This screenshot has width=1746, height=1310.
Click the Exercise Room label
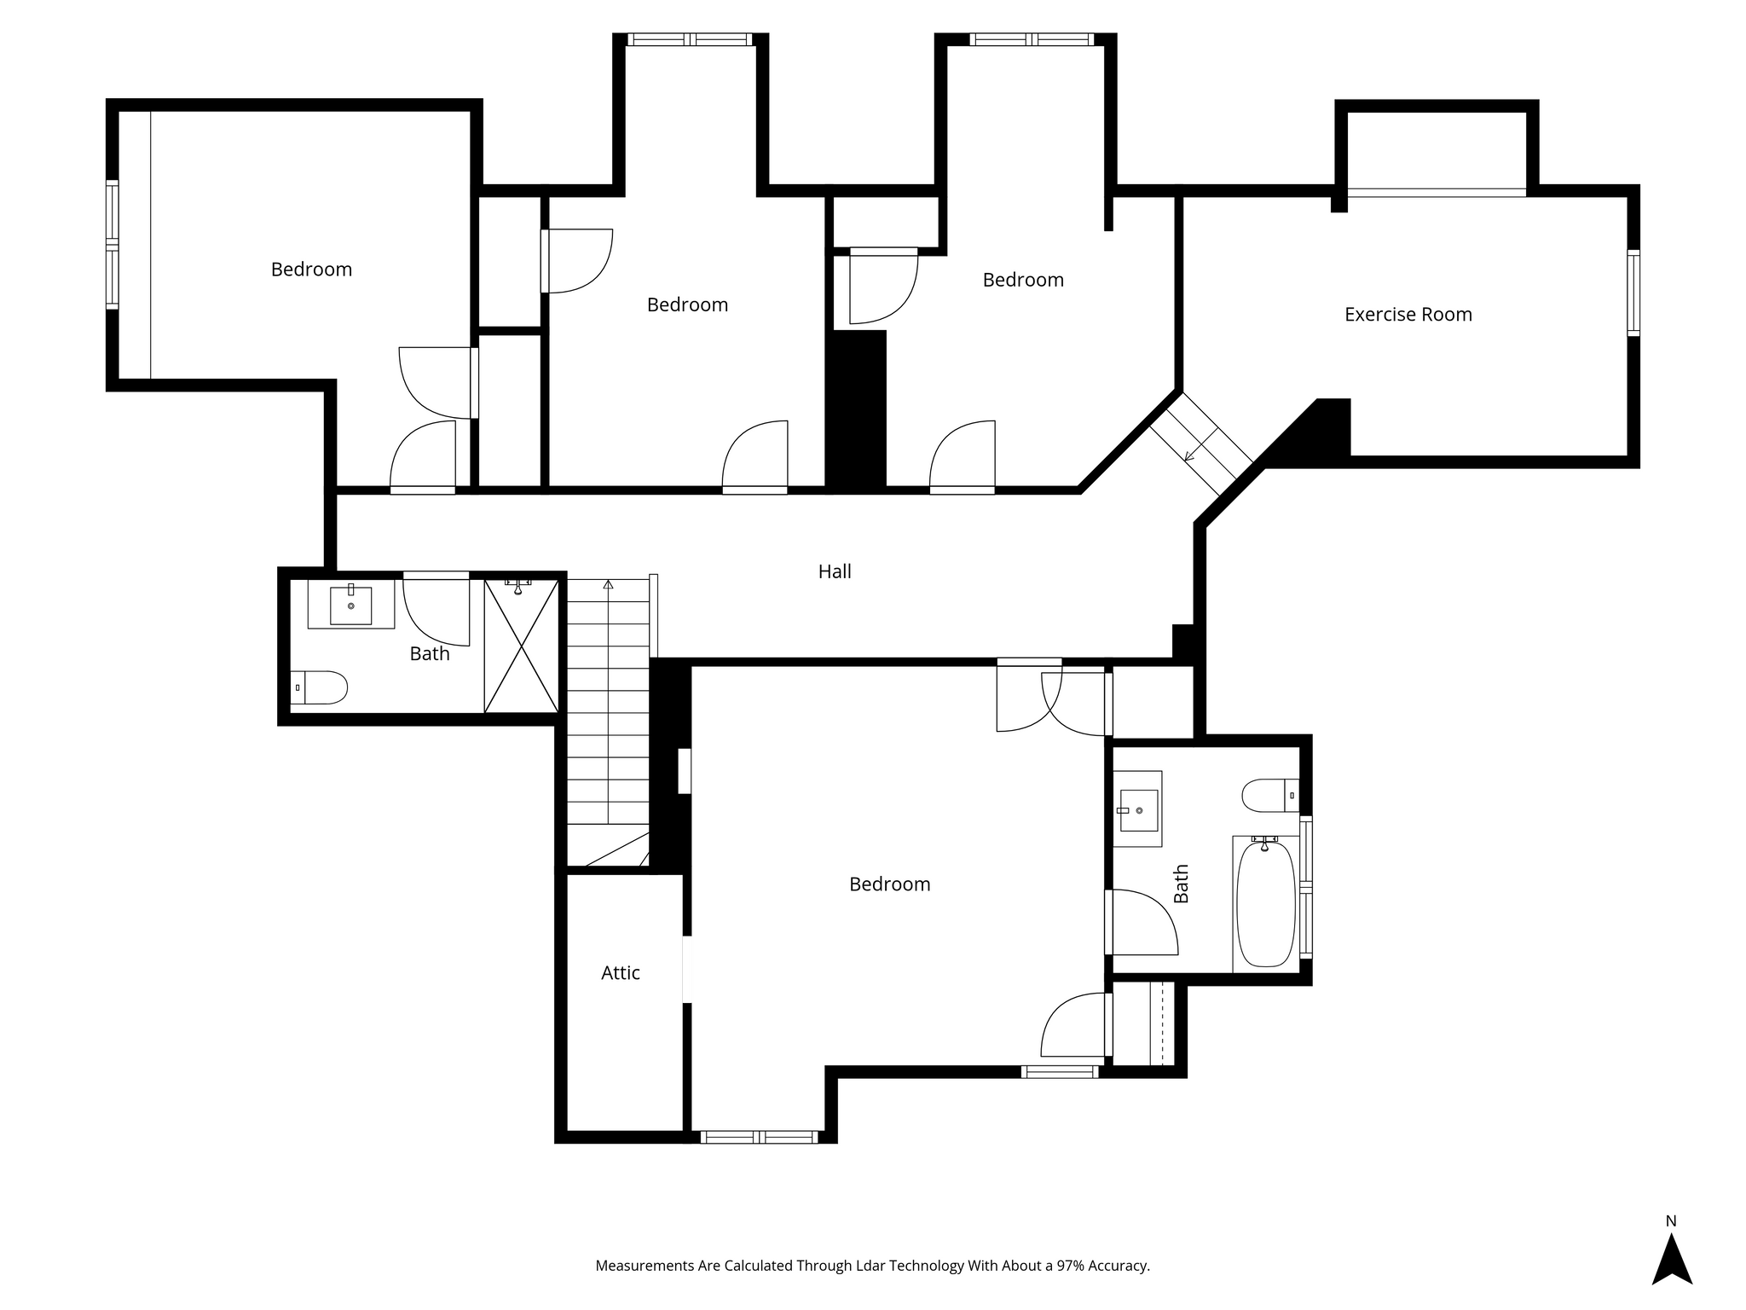1408,315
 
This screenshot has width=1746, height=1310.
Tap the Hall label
835,571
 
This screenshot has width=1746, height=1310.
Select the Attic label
621,973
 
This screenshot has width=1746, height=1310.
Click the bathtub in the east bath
1266,904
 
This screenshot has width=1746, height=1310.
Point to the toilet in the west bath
319,687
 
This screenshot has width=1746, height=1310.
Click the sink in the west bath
351,605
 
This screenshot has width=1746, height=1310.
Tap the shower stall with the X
522,646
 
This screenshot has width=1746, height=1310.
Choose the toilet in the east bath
1270,796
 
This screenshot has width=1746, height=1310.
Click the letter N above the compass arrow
1671,1220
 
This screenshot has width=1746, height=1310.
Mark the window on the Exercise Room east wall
1633,293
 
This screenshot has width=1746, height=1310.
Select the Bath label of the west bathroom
430,654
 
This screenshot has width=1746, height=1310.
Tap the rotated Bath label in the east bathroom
1181,884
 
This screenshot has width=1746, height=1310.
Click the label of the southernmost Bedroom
890,884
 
